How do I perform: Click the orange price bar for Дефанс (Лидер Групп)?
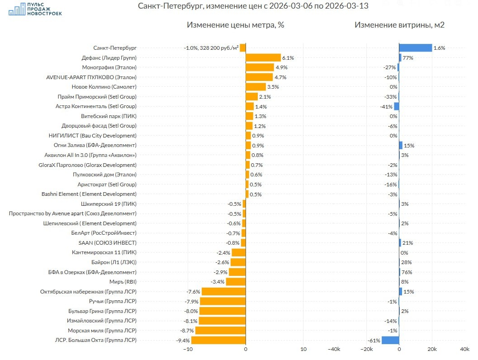pyautogui.click(x=263, y=57)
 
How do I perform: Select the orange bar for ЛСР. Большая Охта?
pyautogui.click(x=218, y=340)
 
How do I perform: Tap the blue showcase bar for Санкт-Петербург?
pyautogui.click(x=415, y=47)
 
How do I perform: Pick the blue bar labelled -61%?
pyautogui.click(x=390, y=340)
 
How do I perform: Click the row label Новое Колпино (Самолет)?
pyautogui.click(x=104, y=86)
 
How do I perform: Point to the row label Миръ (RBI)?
pyautogui.click(x=123, y=282)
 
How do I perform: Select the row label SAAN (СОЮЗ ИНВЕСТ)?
pyautogui.click(x=107, y=243)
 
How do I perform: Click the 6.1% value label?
pyautogui.click(x=288, y=58)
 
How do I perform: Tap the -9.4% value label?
pyautogui.click(x=183, y=341)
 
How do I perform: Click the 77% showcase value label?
pyautogui.click(x=408, y=58)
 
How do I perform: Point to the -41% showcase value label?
pyautogui.click(x=386, y=106)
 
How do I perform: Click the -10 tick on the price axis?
pyautogui.click(x=188, y=350)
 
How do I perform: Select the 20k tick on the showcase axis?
pyautogui.click(x=432, y=350)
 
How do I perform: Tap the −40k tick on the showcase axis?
pyautogui.click(x=334, y=350)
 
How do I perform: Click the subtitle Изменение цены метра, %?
pyautogui.click(x=235, y=25)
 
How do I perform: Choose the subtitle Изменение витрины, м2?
pyautogui.click(x=399, y=25)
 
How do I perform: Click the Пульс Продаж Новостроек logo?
pyautogui.click(x=35, y=9)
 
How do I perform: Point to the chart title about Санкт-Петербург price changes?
pyautogui.click(x=252, y=6)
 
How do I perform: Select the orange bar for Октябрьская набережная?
pyautogui.click(x=223, y=292)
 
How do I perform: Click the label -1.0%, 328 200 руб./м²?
pyautogui.click(x=211, y=48)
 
